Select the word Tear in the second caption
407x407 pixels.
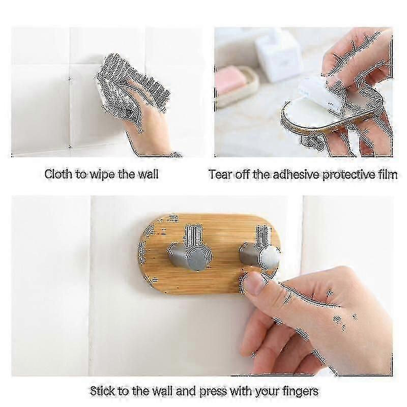coord(220,174)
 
